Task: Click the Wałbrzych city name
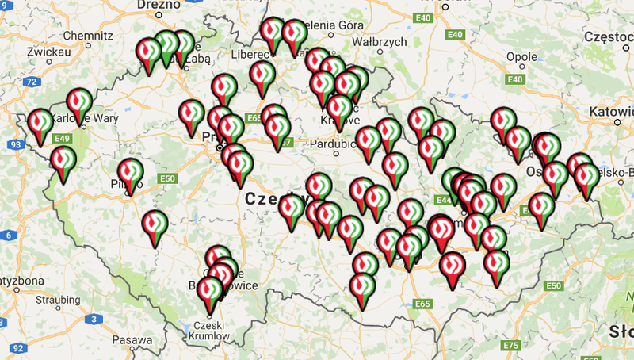379,41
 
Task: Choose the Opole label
521,57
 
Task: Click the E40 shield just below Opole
516,79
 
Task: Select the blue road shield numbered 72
31,82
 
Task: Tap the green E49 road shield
63,139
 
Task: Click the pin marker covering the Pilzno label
131,174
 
